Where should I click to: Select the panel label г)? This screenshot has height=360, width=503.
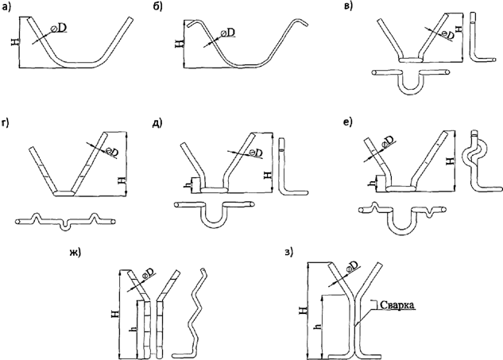(x=9, y=125)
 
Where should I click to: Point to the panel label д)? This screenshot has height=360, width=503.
(x=159, y=123)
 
